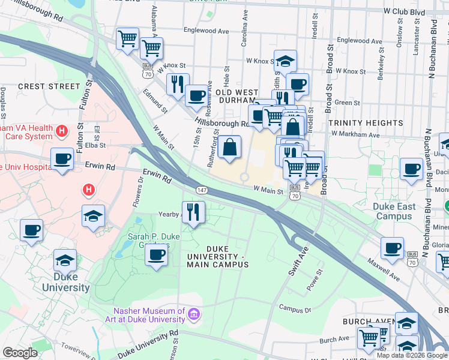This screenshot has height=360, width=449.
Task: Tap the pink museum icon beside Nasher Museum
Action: (194, 314)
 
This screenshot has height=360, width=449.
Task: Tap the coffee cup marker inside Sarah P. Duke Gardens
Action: (156, 254)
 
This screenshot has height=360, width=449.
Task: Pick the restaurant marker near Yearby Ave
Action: (193, 212)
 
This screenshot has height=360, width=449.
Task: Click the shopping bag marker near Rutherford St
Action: (229, 146)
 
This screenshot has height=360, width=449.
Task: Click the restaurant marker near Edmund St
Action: (178, 83)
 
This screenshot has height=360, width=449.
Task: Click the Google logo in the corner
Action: (20, 353)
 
